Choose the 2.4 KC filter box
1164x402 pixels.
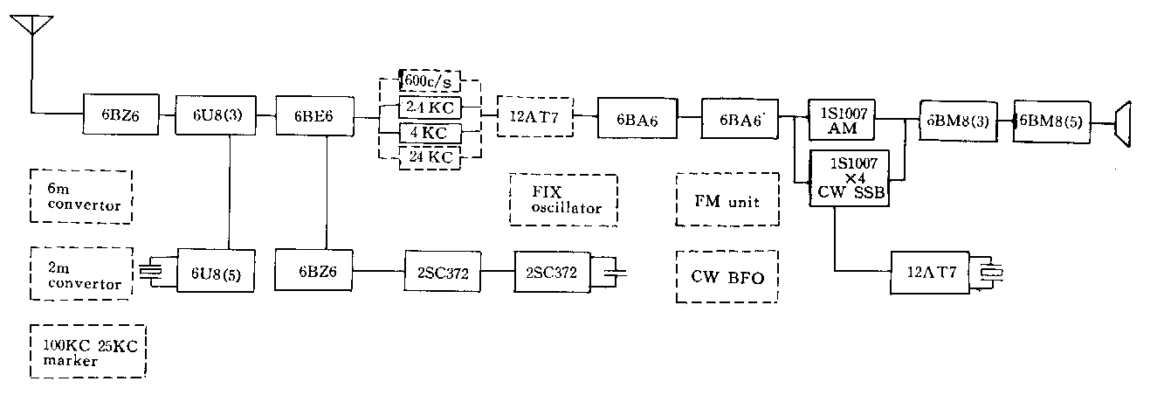[x=428, y=108]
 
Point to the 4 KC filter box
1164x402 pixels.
[x=428, y=134]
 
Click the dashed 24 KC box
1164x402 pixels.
[x=428, y=157]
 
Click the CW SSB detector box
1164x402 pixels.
[x=850, y=178]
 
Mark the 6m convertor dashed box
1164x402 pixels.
[x=80, y=196]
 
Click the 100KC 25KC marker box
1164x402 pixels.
[x=87, y=351]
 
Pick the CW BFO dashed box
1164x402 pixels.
[x=727, y=278]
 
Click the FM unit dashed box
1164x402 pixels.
[x=727, y=200]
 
